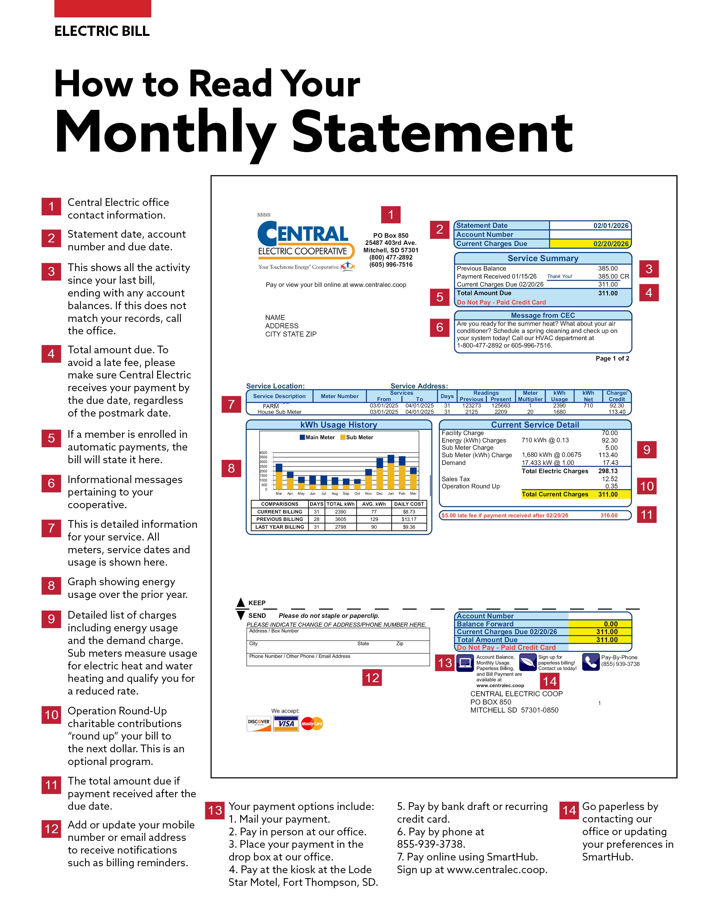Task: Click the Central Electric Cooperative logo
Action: pos(306,246)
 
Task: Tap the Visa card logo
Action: pos(286,724)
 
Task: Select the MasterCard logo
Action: pos(312,724)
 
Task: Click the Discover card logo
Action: pos(259,724)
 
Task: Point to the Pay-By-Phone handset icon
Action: pos(590,662)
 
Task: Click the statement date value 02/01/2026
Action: pos(611,226)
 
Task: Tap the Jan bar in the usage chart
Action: pos(391,472)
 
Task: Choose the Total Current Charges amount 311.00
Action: pos(608,494)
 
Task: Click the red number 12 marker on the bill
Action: pos(372,678)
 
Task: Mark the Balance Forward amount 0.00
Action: pos(611,624)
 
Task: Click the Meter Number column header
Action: pos(340,396)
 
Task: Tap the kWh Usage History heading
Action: pos(339,425)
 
